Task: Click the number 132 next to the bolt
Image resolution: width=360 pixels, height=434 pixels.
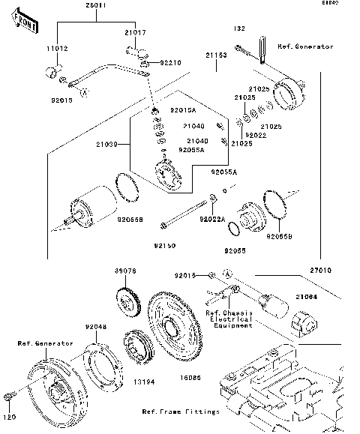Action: [239, 28]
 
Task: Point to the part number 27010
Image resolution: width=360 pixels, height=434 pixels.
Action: [315, 269]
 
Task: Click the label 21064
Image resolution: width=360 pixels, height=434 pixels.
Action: [306, 297]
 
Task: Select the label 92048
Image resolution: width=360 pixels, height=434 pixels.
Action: [95, 327]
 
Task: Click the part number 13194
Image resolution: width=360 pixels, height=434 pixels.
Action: [144, 382]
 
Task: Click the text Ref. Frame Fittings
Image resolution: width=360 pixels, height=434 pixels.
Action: [181, 412]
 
